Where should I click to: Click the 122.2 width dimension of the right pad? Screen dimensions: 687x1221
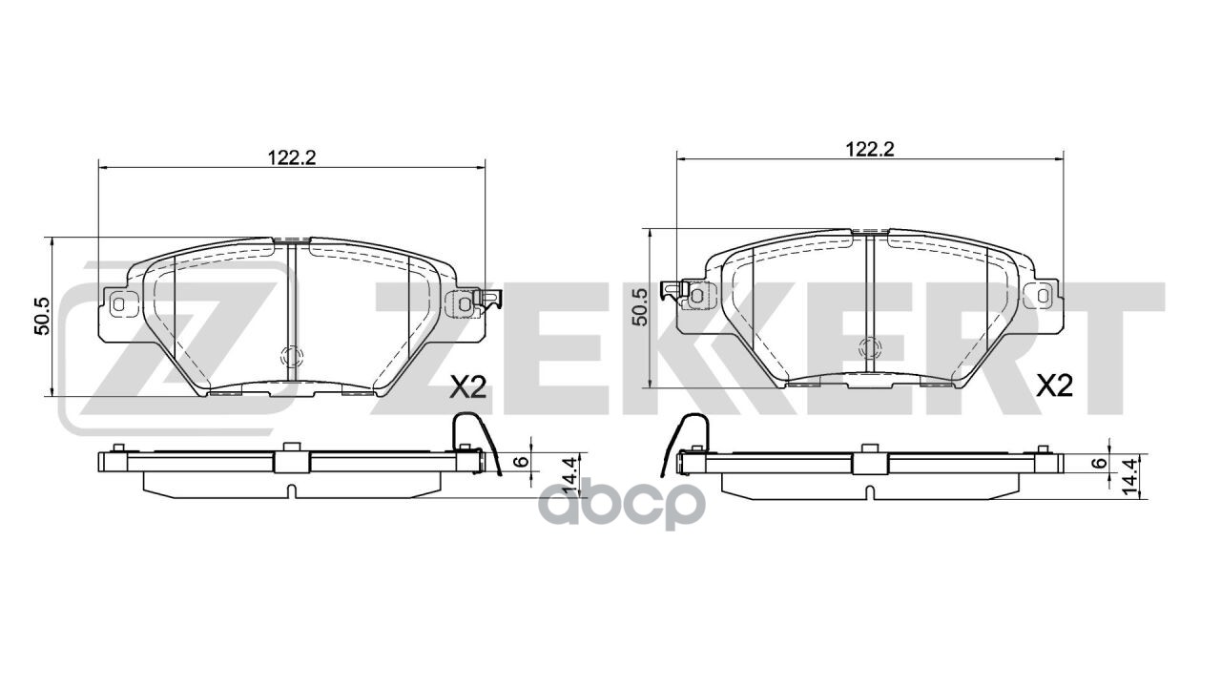coord(869,148)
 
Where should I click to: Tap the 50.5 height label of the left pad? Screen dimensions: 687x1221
coord(41,316)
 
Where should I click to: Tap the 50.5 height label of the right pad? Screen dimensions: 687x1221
coord(640,307)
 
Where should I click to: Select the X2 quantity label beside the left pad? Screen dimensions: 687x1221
coord(468,386)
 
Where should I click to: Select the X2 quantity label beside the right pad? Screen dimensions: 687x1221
coord(1054,386)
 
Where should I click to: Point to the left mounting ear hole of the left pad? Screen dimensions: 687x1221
coord(119,305)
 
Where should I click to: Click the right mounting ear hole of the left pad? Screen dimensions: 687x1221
coord(465,304)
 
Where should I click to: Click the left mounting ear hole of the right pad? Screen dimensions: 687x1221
coord(697,297)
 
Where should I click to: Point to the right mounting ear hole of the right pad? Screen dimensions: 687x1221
coord(1042,296)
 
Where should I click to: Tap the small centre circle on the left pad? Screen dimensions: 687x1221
coord(291,358)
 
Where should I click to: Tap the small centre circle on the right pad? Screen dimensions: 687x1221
coord(869,349)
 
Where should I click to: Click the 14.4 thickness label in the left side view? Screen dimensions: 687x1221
coord(570,475)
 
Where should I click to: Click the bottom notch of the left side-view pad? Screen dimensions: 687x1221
coord(291,491)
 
